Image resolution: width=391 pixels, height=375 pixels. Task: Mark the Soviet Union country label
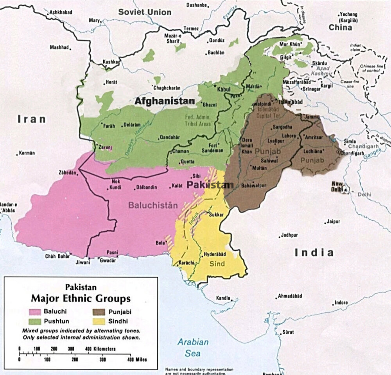coord(145,12)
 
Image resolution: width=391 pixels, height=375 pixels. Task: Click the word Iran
coord(31,119)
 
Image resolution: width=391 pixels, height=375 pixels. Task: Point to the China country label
coord(340,28)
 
